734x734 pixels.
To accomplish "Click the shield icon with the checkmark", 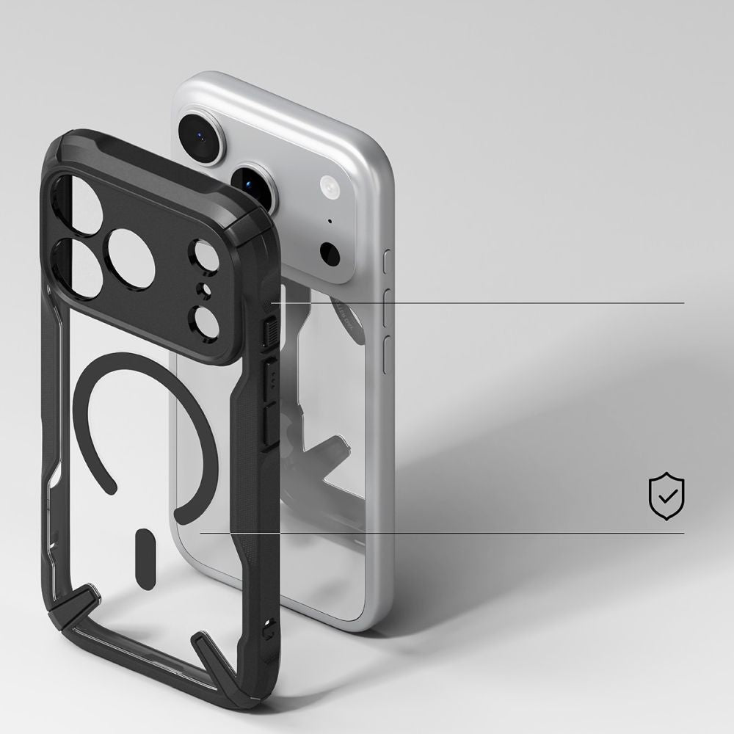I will click(x=666, y=497).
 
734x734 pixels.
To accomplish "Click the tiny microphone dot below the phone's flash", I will click(x=330, y=220).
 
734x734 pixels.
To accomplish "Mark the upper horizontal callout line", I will click(x=477, y=302).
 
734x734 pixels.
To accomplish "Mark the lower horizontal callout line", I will click(x=440, y=534).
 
